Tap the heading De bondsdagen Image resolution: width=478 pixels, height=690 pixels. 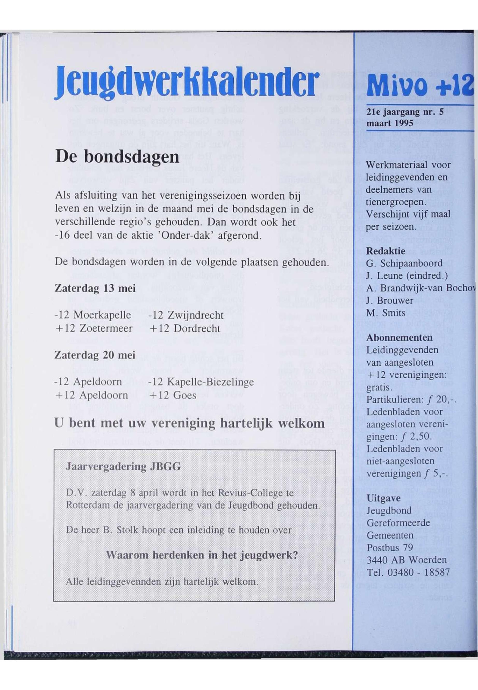click(x=117, y=157)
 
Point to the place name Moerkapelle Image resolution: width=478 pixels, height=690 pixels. click(x=102, y=315)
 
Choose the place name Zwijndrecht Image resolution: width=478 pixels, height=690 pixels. click(x=195, y=315)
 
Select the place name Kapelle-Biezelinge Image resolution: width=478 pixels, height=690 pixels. click(x=210, y=382)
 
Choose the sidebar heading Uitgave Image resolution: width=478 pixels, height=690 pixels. click(x=380, y=498)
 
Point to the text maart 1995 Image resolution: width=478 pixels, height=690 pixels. click(x=389, y=123)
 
